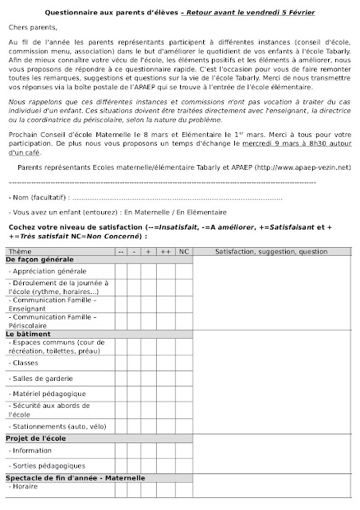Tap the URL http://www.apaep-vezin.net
click(302, 167)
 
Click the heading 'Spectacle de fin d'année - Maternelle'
click(76, 477)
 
